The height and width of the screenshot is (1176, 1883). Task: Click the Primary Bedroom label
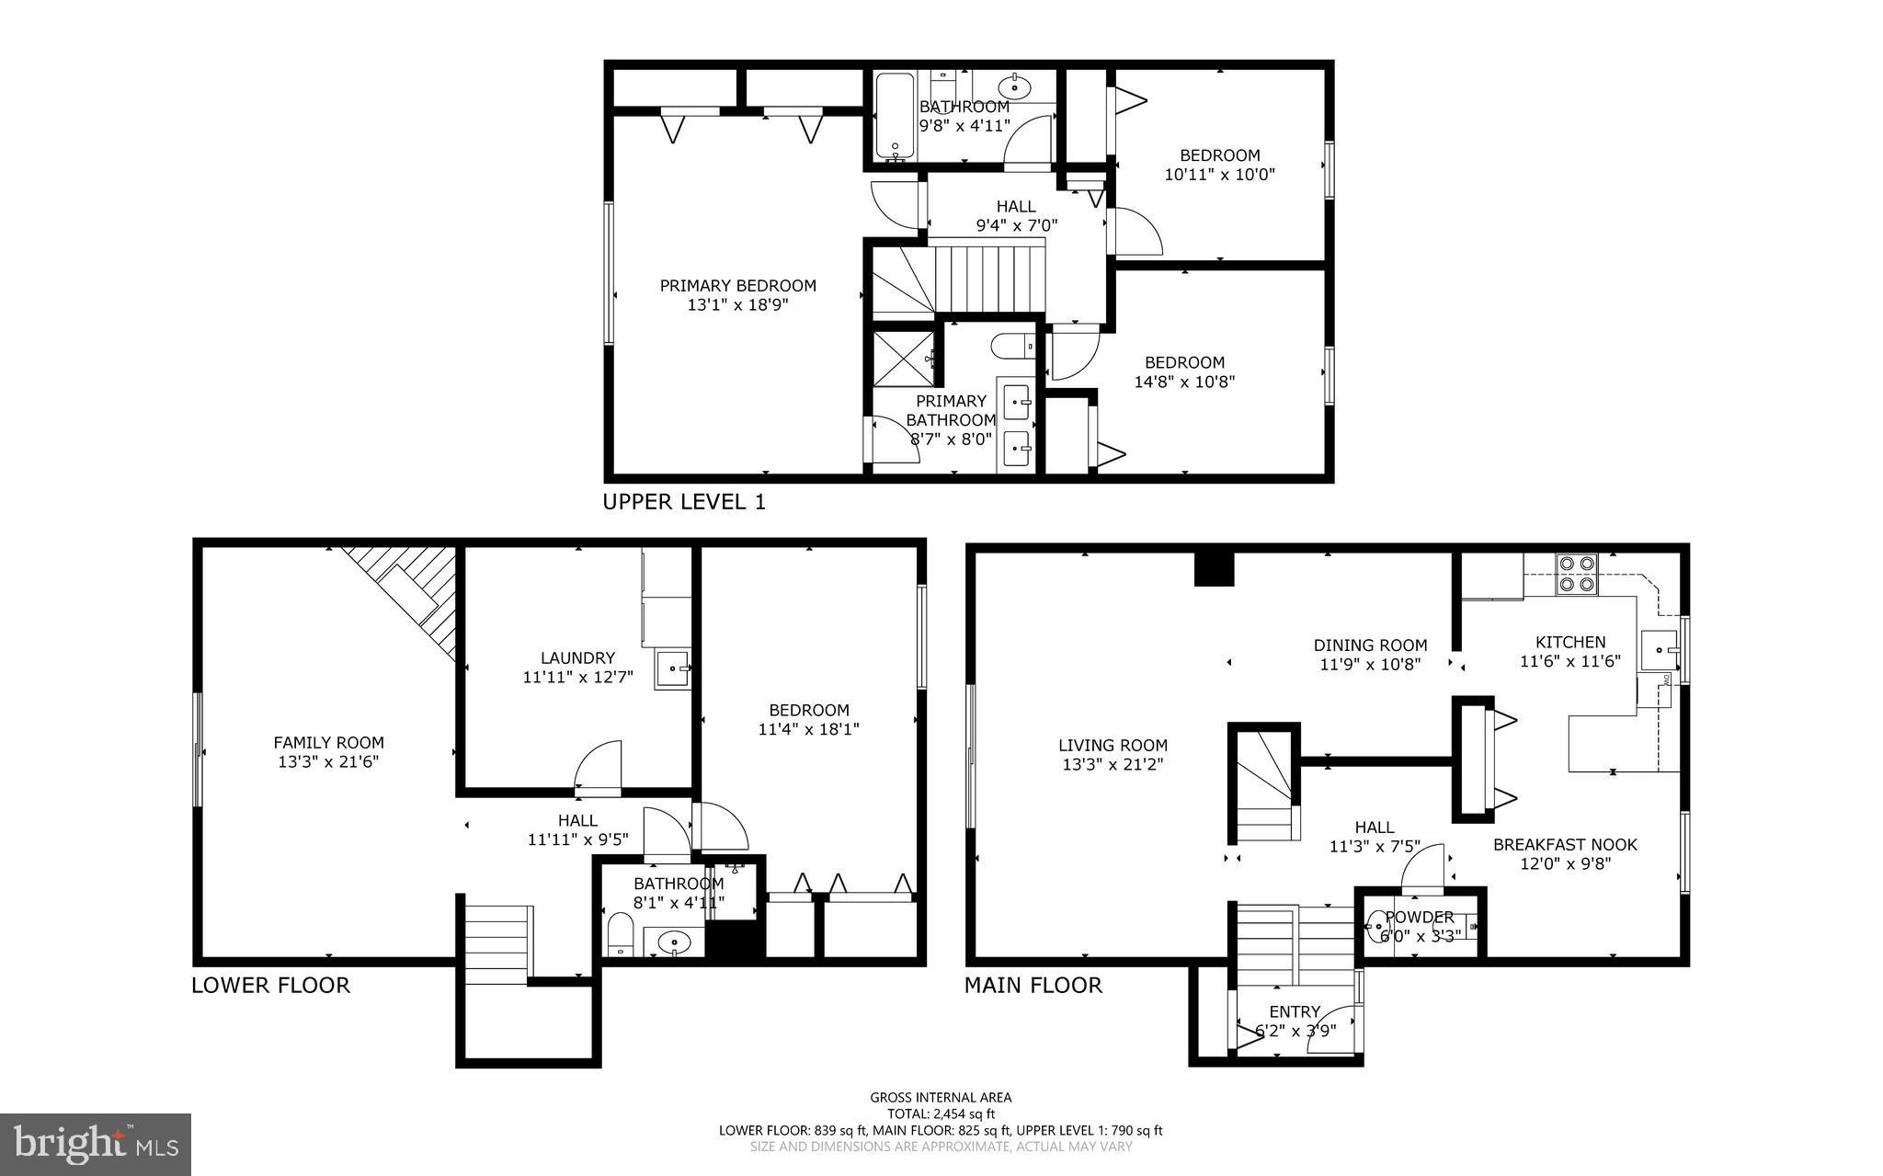click(737, 285)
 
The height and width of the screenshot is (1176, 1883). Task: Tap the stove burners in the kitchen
click(1576, 573)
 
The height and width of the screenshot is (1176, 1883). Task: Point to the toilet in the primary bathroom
click(1011, 347)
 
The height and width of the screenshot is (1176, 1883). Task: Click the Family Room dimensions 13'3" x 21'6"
click(328, 762)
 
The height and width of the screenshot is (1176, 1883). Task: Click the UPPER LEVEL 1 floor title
click(683, 502)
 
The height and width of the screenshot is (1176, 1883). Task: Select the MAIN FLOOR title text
click(1032, 986)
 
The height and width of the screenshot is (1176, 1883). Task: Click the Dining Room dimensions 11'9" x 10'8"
click(1370, 665)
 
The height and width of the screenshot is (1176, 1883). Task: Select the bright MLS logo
click(96, 1144)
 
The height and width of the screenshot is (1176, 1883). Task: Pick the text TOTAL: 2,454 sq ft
click(941, 1113)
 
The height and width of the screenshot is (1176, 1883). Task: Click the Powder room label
click(1419, 917)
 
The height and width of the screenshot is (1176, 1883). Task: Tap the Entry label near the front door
click(1295, 1011)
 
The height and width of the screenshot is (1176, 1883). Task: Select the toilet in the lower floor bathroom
click(621, 934)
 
